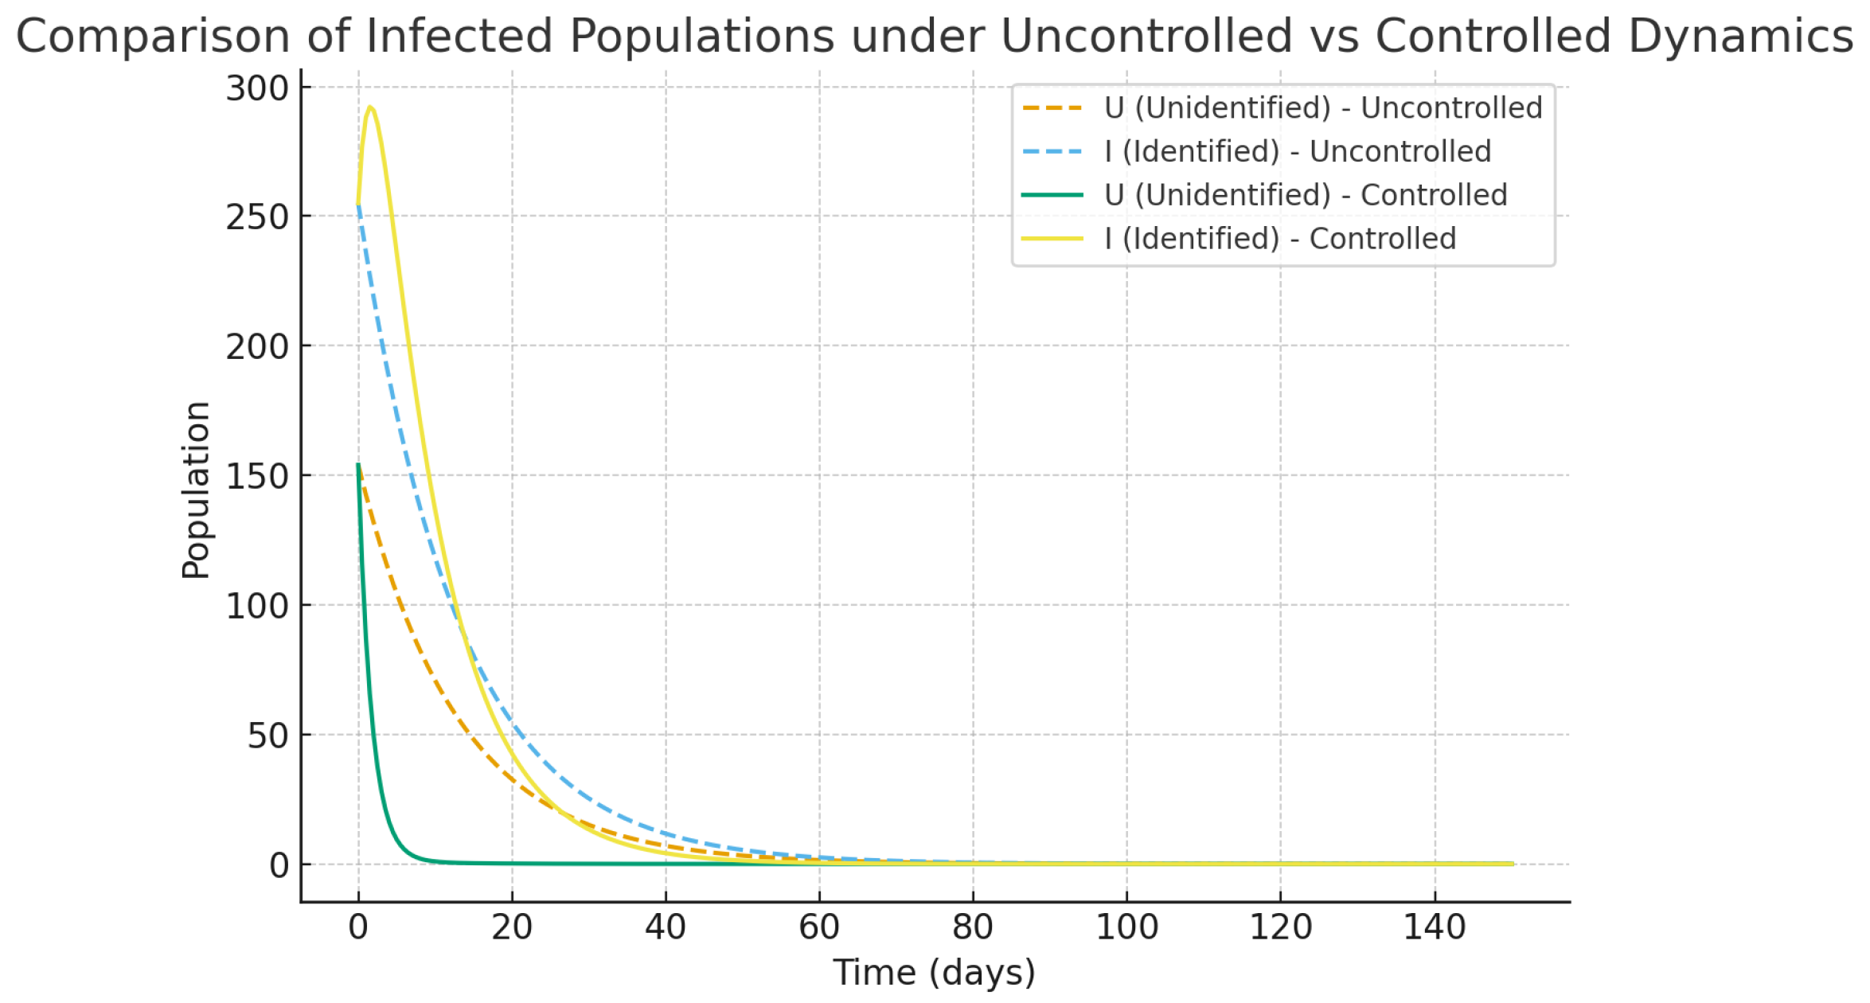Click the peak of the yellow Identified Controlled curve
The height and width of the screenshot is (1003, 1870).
tap(370, 107)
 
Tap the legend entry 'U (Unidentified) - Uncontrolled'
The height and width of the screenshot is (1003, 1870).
tap(1322, 107)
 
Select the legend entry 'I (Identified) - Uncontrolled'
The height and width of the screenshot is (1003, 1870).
tap(1297, 151)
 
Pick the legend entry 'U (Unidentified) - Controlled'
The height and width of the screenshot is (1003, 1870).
tap(1305, 195)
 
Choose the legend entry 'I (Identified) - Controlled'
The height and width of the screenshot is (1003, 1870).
tap(1279, 239)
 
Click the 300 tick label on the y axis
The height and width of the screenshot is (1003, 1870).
tap(256, 88)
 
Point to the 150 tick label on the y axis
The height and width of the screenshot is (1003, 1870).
tap(256, 477)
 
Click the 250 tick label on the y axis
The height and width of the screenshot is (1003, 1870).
tap(256, 217)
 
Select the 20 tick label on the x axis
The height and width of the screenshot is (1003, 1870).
tap(512, 928)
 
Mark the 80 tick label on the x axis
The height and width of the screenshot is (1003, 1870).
tap(973, 928)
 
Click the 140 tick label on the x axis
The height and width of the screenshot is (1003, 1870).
tap(1435, 928)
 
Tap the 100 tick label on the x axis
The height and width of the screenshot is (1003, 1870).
tap(1126, 928)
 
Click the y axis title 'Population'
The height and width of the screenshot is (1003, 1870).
tap(196, 490)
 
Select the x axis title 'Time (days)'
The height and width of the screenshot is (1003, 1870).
tap(934, 973)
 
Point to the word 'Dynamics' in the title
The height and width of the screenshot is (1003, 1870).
tap(1740, 37)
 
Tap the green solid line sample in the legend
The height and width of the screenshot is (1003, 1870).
tap(1052, 195)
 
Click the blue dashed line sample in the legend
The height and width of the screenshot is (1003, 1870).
tap(1052, 151)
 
